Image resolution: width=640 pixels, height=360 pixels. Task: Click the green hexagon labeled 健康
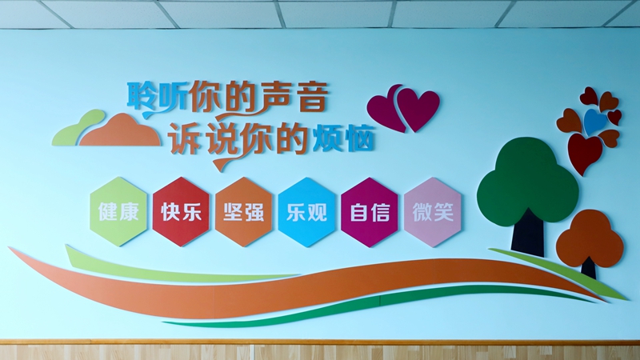(x=118, y=211)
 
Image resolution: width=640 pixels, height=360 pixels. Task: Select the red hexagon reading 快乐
(x=182, y=211)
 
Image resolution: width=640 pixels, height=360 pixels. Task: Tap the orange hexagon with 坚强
(x=244, y=211)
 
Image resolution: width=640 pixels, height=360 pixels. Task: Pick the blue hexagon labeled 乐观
(x=306, y=212)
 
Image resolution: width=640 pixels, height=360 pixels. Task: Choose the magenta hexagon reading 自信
(x=370, y=212)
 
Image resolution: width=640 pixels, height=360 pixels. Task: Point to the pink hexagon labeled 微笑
(x=433, y=212)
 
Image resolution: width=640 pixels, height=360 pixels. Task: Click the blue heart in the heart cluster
(x=595, y=122)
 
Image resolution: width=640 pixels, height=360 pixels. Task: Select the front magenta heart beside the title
(x=418, y=109)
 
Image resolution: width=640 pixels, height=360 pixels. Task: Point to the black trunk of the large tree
(x=528, y=234)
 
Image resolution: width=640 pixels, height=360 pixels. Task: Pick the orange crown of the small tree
(x=590, y=238)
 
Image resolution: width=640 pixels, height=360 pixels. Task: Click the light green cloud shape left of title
(x=78, y=127)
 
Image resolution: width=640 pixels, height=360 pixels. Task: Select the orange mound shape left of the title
(x=121, y=131)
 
